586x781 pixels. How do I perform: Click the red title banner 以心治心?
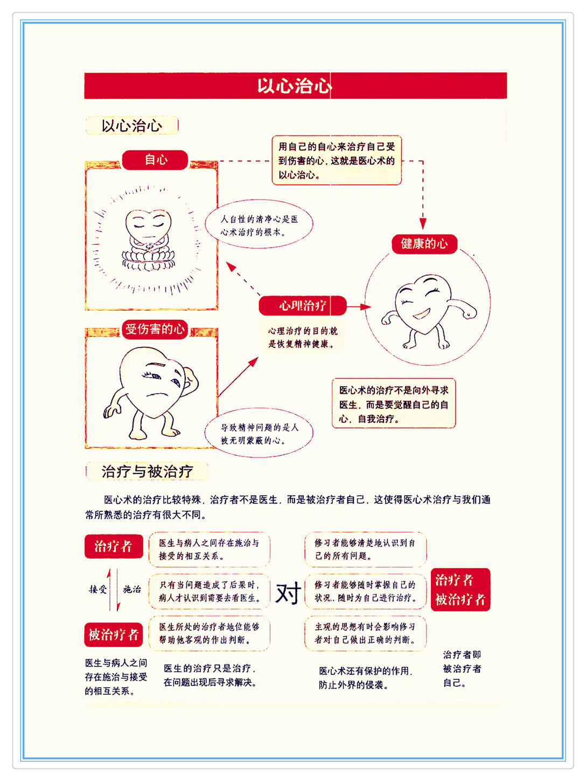tap(295, 86)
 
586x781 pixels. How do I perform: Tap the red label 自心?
tap(155, 160)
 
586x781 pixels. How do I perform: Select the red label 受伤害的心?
tap(155, 329)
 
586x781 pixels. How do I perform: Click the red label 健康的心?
tap(424, 244)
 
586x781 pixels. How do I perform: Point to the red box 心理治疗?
tap(302, 306)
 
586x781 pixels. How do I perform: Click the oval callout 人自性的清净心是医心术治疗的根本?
tap(259, 225)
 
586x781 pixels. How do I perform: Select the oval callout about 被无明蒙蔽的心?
tap(259, 434)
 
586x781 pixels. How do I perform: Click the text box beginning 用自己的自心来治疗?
tap(337, 160)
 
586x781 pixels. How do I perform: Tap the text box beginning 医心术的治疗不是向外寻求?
tap(394, 404)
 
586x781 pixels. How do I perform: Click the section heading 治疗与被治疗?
tap(147, 471)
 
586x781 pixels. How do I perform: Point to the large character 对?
tap(288, 593)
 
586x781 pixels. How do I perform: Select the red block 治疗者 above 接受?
tap(114, 546)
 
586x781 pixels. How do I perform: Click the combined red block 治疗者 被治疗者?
tap(461, 590)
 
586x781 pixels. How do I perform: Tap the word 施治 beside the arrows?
tap(131, 589)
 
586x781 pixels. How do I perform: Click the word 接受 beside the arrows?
tap(97, 589)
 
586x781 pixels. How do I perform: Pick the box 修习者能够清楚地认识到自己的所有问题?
tap(366, 549)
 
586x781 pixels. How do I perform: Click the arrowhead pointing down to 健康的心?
tap(423, 224)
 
